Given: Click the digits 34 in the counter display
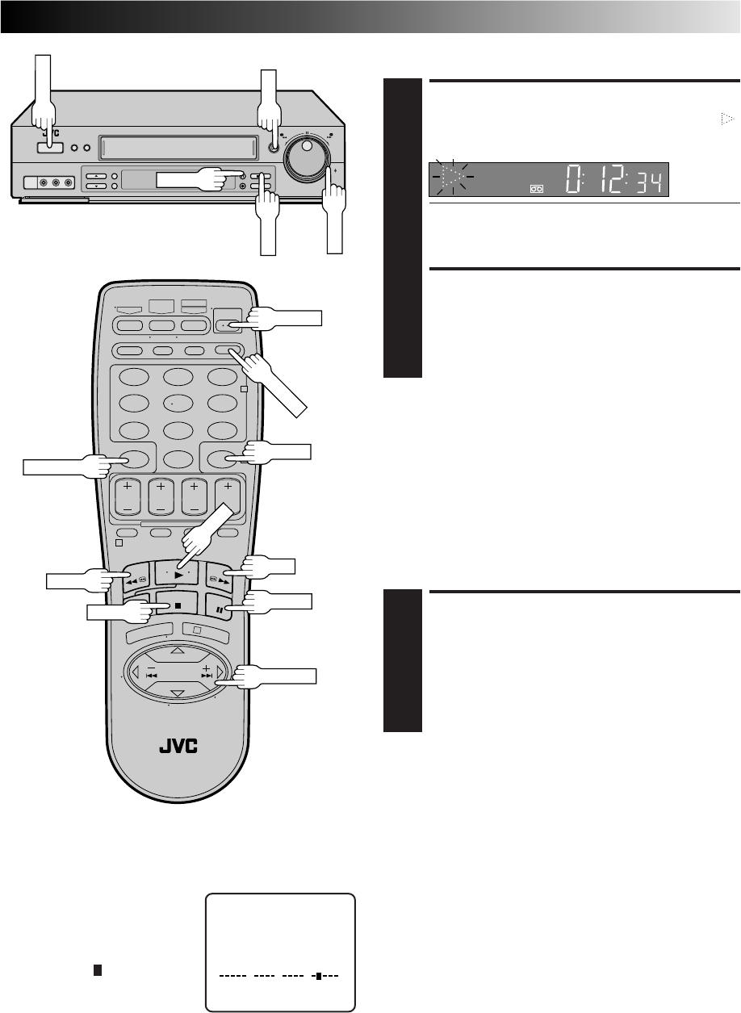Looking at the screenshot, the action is coord(648,183).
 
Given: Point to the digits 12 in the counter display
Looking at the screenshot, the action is coord(605,180).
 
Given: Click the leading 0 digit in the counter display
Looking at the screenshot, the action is coord(574,180).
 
